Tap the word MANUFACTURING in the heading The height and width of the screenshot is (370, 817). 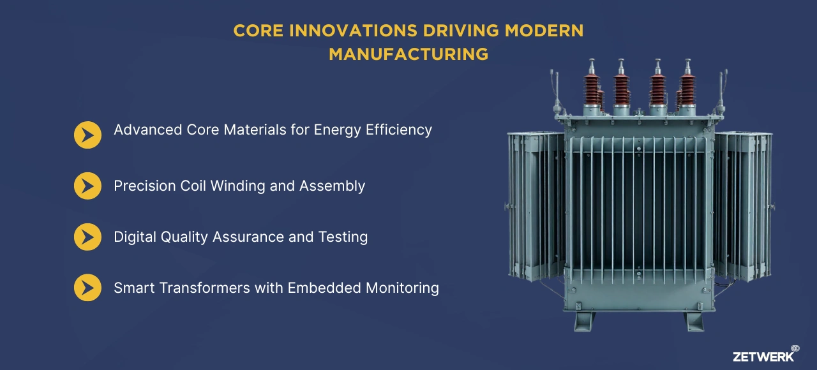point(408,54)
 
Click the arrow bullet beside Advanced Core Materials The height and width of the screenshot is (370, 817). point(87,135)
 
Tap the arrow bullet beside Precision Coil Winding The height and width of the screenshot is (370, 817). point(87,186)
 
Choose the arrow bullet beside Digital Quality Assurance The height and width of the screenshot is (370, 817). point(87,237)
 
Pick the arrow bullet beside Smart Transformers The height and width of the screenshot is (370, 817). point(87,288)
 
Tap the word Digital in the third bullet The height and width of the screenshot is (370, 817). point(135,237)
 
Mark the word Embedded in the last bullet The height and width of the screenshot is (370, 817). point(324,288)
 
